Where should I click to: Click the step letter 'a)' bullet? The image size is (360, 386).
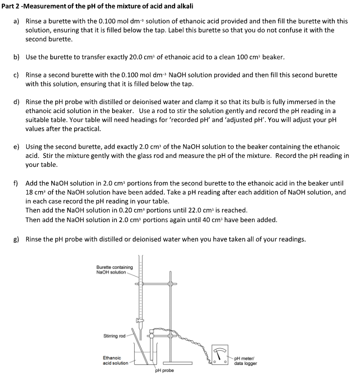(x=16, y=22)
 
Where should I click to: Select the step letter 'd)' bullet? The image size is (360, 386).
(x=16, y=102)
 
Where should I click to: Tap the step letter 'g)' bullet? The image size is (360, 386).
(x=16, y=239)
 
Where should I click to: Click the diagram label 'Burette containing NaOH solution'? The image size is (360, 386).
(x=114, y=270)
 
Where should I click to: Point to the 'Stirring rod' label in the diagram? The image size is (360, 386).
(x=114, y=336)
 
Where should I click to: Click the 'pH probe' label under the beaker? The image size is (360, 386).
(x=164, y=370)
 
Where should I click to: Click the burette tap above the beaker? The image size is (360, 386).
(x=140, y=323)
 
